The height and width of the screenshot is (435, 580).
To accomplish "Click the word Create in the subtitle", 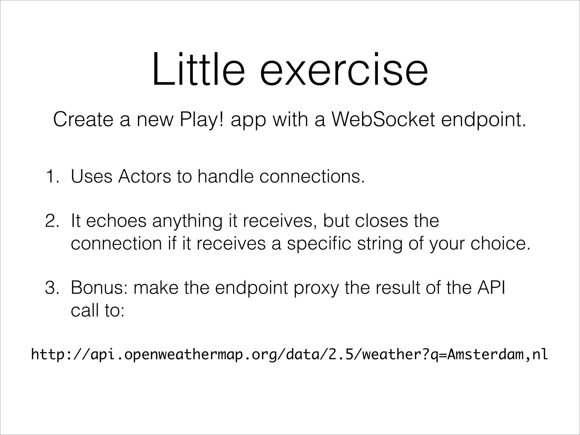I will [84, 120].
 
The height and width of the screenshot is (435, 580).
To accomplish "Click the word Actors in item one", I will [145, 177].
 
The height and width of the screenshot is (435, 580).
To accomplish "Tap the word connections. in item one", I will [312, 177].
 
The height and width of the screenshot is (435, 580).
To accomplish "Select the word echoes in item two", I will [116, 221].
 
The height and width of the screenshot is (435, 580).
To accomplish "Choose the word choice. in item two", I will [500, 244].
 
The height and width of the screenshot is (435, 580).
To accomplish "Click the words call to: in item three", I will [97, 311].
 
